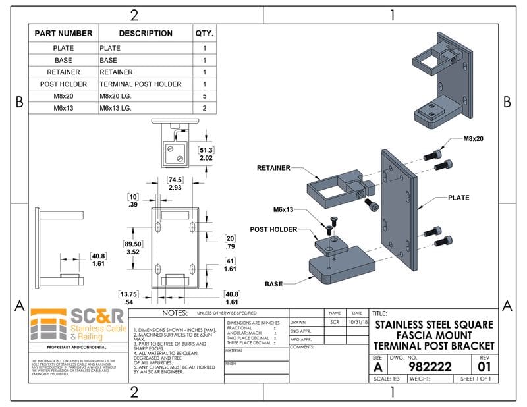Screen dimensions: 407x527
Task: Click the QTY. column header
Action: tap(204, 33)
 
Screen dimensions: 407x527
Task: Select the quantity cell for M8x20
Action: tap(204, 95)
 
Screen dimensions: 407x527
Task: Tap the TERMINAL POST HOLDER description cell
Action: tap(140, 84)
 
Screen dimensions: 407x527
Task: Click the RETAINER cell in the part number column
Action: tap(63, 72)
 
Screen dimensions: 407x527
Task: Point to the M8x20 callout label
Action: tap(473, 139)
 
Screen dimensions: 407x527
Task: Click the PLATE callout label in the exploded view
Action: tap(459, 198)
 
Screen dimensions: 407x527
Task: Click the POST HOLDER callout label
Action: tap(273, 229)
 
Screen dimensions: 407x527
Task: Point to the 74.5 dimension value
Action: tap(175, 179)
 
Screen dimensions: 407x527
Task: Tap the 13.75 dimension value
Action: tap(129, 294)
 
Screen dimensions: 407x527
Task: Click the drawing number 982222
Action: tap(430, 366)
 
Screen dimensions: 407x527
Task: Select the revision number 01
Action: tap(484, 366)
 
